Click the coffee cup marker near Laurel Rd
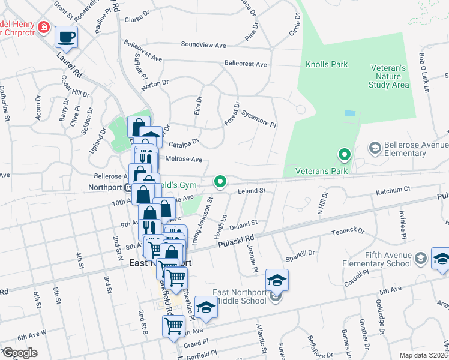click(x=66, y=37)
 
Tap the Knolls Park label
click(x=326, y=64)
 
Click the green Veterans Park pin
click(x=344, y=156)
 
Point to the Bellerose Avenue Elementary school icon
click(x=375, y=148)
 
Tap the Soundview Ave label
click(x=203, y=44)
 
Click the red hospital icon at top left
click(x=43, y=27)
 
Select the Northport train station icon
click(x=128, y=187)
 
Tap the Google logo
click(x=20, y=353)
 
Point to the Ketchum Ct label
click(x=393, y=189)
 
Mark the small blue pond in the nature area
click(x=350, y=113)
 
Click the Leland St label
click(x=252, y=191)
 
